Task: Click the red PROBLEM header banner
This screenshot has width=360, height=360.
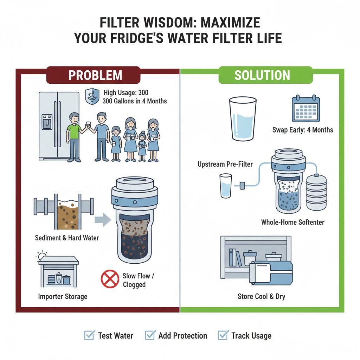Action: pos(93,75)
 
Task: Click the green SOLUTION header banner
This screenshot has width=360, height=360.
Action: pos(262,75)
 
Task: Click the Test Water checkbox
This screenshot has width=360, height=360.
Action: pos(90,335)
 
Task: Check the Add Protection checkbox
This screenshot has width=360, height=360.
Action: pos(150,335)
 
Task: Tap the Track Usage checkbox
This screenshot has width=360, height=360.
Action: pos(223,335)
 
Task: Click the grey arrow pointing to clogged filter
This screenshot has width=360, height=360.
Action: pos(103,220)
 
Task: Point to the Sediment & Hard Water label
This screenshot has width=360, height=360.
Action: pos(67,238)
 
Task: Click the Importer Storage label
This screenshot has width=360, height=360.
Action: pos(63,296)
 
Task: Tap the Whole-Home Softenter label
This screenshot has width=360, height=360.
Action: pos(292,222)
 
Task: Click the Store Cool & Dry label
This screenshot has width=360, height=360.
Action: pos(261,296)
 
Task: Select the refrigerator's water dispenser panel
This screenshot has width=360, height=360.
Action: pos(47,122)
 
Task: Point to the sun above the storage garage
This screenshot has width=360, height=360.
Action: pos(43,255)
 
